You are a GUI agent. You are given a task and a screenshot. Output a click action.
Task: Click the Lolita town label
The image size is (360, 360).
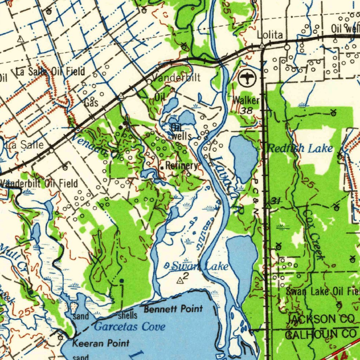click(270, 35)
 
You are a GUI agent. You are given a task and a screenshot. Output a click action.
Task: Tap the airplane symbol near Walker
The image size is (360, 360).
click(248, 78)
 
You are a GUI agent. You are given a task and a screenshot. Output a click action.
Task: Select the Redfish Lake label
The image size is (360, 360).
click(300, 148)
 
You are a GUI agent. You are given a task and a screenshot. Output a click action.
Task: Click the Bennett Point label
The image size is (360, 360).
click(173, 309)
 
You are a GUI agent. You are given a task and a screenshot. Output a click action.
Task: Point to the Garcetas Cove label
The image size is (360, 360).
click(130, 327)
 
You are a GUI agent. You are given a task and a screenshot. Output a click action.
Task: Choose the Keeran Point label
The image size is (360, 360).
click(101, 343)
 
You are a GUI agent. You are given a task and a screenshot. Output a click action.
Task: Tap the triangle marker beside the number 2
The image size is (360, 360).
click(180, 280)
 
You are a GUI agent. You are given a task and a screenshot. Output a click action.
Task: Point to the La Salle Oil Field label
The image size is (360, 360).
click(51, 72)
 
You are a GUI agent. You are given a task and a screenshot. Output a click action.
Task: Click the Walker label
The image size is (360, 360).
click(247, 101)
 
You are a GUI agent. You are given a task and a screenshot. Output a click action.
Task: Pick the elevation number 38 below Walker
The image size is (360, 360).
click(247, 110)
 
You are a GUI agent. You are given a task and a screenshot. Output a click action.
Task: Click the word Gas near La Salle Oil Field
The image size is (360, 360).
click(91, 103)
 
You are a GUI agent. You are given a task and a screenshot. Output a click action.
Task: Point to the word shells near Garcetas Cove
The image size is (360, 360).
click(127, 315)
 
